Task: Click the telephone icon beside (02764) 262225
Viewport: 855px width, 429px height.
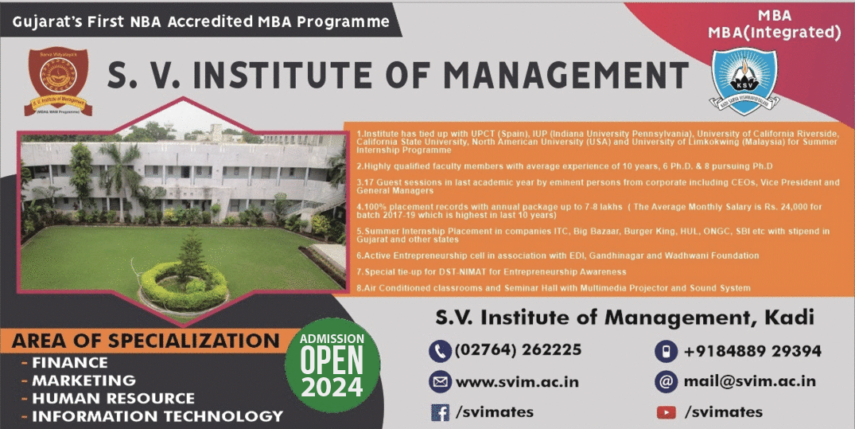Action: click(x=439, y=350)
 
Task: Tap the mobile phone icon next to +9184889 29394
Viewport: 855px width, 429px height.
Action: click(x=665, y=350)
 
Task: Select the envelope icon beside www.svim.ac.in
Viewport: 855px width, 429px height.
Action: click(x=439, y=381)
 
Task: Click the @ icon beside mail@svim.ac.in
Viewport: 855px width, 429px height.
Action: click(x=665, y=381)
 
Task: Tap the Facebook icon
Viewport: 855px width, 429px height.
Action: click(x=439, y=411)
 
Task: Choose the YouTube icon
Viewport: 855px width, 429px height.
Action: click(x=666, y=411)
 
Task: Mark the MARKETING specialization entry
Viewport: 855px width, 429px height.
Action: click(x=84, y=380)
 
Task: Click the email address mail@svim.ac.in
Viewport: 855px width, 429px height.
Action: click(x=749, y=381)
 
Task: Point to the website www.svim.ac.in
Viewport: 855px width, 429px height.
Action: click(x=517, y=381)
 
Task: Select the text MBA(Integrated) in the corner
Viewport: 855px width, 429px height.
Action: click(x=774, y=33)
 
